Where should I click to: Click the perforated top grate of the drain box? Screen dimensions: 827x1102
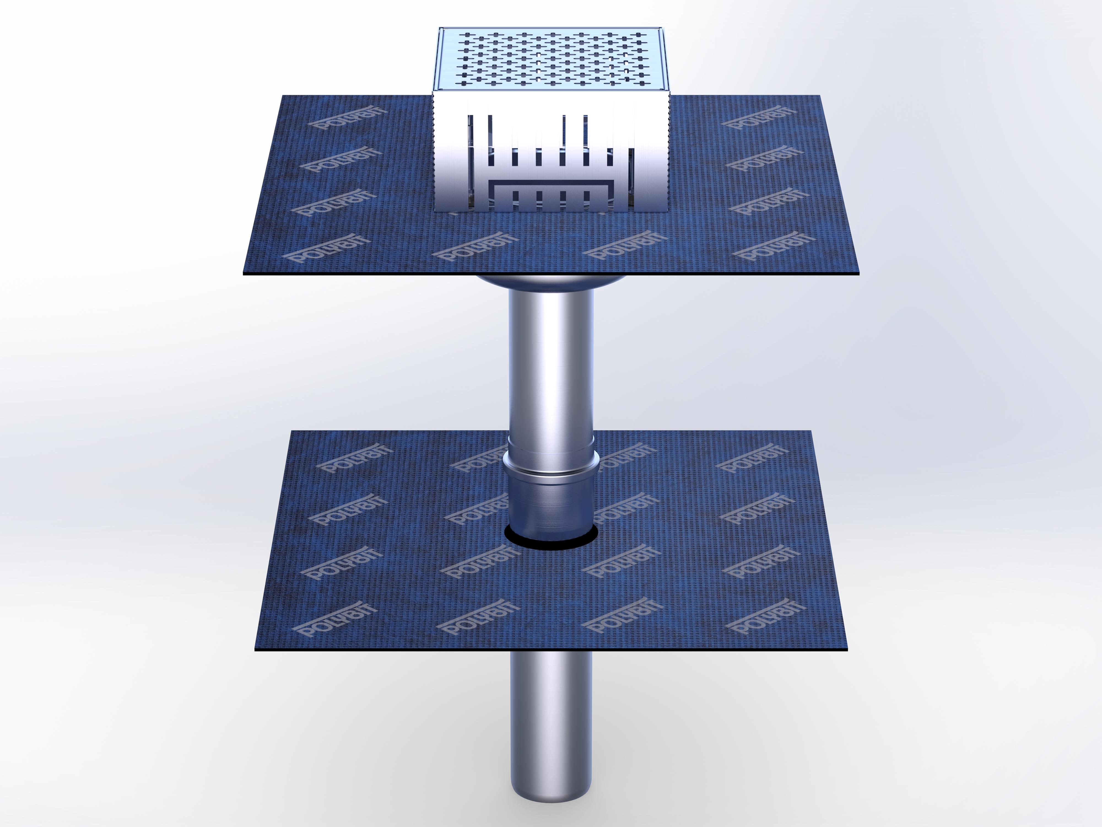click(550, 60)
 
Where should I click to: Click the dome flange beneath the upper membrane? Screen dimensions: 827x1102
click(550, 284)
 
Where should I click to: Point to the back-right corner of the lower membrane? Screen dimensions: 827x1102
click(811, 432)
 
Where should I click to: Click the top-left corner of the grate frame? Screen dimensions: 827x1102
click(441, 29)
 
